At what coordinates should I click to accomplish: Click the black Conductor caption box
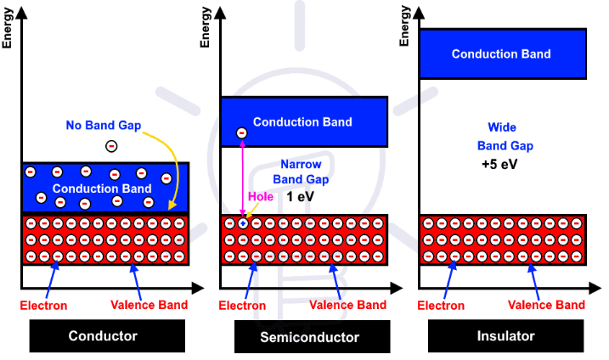[x=103, y=336]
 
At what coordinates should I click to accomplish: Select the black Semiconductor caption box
[x=309, y=337]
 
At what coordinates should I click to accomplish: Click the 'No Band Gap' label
[x=103, y=126]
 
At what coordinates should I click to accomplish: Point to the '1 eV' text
[x=300, y=196]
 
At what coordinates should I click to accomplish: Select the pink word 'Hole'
[x=259, y=196]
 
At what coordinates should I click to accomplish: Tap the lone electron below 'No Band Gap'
[x=111, y=146]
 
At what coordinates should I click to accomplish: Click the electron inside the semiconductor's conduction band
[x=241, y=133]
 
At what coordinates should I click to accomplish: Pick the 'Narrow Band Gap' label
[x=300, y=172]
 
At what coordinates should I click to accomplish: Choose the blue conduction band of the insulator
[x=501, y=53]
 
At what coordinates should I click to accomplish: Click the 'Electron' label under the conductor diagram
[x=44, y=305]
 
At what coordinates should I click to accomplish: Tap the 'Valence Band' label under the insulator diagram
[x=546, y=305]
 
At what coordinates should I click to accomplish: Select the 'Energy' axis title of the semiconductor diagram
[x=206, y=27]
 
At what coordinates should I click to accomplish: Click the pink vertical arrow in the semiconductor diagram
[x=243, y=178]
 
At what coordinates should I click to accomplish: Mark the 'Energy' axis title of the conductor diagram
[x=8, y=27]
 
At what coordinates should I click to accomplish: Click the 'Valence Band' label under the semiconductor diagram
[x=347, y=305]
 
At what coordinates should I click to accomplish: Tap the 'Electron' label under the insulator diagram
[x=442, y=305]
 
